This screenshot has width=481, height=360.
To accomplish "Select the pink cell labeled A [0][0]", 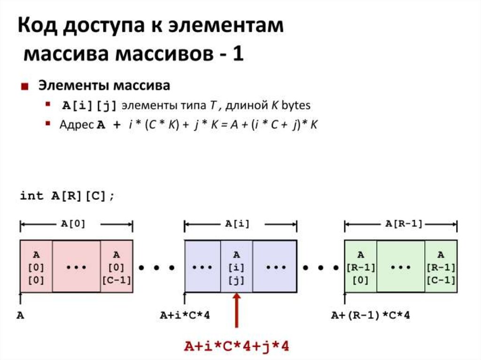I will pyautogui.click(x=36, y=267).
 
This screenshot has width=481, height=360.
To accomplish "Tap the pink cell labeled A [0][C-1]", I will pyautogui.click(x=116, y=267).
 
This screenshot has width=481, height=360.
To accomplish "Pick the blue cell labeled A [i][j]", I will pyautogui.click(x=237, y=267).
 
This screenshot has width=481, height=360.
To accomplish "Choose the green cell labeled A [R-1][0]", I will pyautogui.click(x=360, y=267).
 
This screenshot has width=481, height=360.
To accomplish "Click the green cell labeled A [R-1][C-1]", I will pyautogui.click(x=441, y=267).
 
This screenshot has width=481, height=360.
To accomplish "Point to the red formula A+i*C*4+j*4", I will pyautogui.click(x=236, y=346).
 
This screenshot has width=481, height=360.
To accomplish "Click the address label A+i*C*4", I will pyautogui.click(x=185, y=315).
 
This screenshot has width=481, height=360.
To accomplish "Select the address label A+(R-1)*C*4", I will pyautogui.click(x=370, y=315).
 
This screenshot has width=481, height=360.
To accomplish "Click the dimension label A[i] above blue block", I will pyautogui.click(x=237, y=224).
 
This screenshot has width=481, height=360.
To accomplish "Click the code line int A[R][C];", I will pyautogui.click(x=67, y=196).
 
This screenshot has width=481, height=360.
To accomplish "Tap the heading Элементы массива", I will pyautogui.click(x=104, y=86).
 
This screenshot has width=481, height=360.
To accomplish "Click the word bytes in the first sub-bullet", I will pyautogui.click(x=296, y=106).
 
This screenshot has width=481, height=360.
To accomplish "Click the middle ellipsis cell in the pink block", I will pyautogui.click(x=77, y=267).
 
